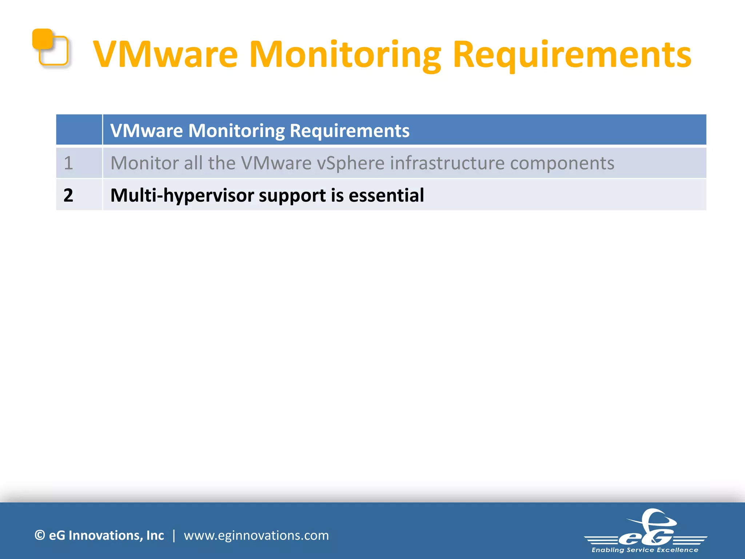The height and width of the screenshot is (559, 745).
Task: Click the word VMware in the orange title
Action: [x=166, y=55]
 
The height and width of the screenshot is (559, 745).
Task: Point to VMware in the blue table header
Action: [x=147, y=130]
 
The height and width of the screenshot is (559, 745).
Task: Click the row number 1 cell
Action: [x=68, y=163]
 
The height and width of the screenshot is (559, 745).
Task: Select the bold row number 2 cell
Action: [x=68, y=195]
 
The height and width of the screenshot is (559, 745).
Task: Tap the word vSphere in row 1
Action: [x=350, y=163]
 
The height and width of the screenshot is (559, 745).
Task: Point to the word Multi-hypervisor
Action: [x=182, y=195]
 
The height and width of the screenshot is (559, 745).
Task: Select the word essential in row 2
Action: [x=386, y=195]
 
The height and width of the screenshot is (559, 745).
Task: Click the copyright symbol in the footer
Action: [x=40, y=535]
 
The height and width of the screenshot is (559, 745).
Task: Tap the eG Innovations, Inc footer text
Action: [x=106, y=535]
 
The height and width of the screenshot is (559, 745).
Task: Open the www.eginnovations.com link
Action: [x=256, y=535]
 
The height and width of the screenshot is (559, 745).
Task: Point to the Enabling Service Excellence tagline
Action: [x=645, y=550]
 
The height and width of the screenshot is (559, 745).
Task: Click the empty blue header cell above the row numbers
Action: [x=79, y=130]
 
